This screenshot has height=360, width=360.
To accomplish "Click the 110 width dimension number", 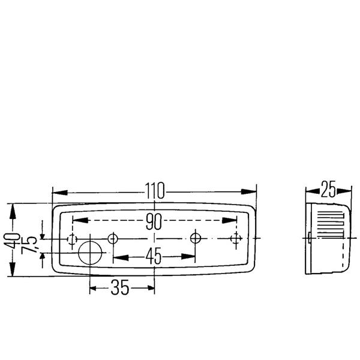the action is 155,191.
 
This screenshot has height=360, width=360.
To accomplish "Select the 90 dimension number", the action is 154,221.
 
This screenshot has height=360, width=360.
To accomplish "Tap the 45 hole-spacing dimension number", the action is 154,256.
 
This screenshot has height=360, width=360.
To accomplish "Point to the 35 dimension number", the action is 120,287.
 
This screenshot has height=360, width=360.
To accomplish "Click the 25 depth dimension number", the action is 328,190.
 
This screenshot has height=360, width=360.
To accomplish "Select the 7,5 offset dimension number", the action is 29,245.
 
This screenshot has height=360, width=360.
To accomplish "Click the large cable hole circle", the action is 90,253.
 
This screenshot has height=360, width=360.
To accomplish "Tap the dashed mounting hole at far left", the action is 72,239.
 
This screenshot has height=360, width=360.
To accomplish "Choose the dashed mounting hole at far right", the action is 236,239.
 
